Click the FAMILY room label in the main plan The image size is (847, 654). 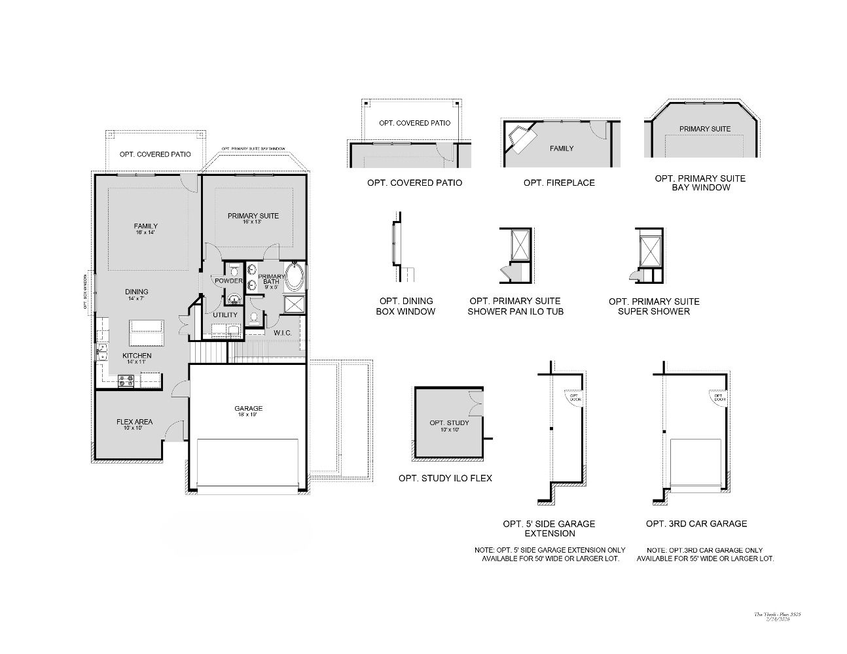point(145,229)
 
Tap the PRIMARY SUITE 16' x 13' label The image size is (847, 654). point(253,218)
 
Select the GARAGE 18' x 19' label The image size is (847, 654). point(248,411)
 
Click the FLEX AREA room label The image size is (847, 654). point(134,424)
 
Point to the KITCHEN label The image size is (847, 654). point(137,358)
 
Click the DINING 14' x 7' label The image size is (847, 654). point(137,294)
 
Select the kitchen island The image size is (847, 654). point(146,333)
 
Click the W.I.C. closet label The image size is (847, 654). point(282,333)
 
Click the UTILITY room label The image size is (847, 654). point(225,315)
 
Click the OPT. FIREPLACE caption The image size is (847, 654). point(559,182)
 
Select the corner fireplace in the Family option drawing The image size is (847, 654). point(520,139)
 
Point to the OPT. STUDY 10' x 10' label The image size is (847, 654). point(445,426)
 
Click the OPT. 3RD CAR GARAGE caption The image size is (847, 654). point(696,523)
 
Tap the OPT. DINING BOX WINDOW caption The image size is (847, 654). point(405,306)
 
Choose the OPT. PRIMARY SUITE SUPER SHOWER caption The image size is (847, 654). point(654,306)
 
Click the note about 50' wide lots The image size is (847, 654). point(550,555)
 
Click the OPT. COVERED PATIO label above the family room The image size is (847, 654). point(155,154)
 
